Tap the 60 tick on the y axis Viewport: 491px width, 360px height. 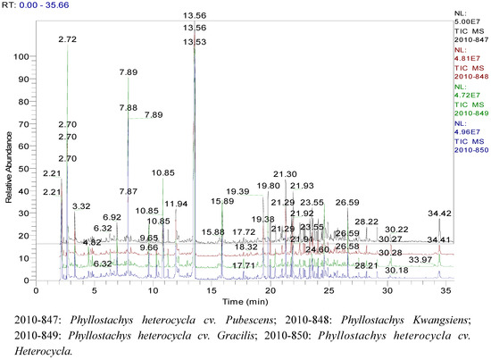(x=27, y=147)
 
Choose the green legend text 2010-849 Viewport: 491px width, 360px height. (x=470, y=113)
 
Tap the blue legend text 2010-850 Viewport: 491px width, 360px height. (x=470, y=150)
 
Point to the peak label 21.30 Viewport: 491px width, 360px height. (x=285, y=174)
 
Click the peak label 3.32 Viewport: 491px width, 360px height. (x=81, y=206)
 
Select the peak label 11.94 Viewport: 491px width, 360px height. (x=176, y=205)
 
